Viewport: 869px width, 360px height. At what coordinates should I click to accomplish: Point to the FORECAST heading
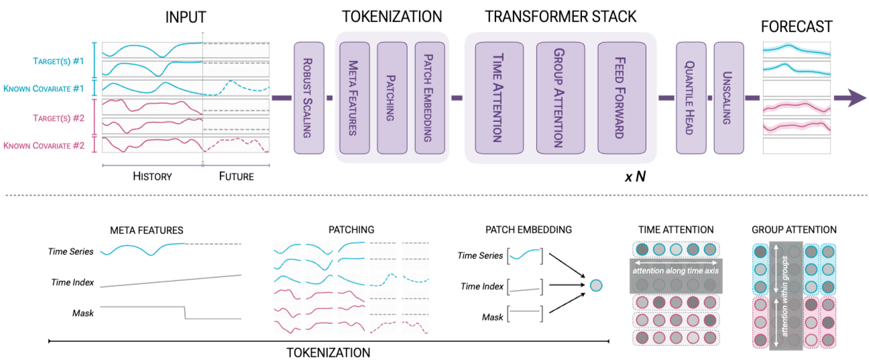pyautogui.click(x=797, y=27)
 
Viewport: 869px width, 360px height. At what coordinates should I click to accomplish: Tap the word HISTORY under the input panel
pyautogui.click(x=152, y=176)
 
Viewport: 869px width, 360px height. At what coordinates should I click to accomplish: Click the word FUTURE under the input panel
pyautogui.click(x=237, y=176)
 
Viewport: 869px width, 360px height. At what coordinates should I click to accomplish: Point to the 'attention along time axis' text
pyautogui.click(x=676, y=271)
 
